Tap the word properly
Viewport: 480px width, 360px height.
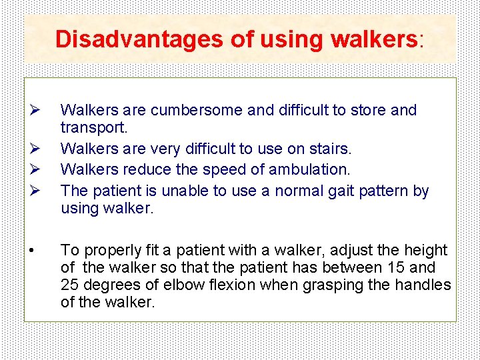coord(104,251)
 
